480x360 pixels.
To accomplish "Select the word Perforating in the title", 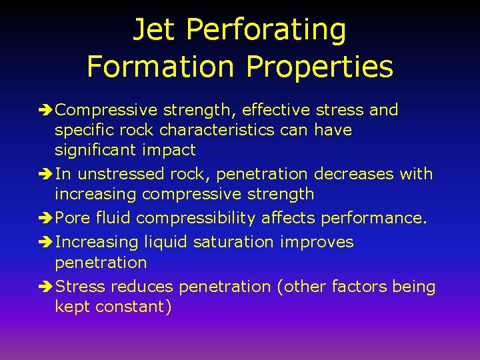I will [267, 30].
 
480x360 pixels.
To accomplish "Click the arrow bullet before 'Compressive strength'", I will [47, 110].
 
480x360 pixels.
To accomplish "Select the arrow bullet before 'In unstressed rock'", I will [47, 174].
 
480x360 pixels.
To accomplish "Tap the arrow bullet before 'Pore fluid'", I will [47, 218].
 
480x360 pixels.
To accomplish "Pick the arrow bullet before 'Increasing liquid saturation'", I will [47, 242].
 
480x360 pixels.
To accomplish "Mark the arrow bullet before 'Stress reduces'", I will [47, 287].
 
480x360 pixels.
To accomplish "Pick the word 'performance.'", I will [374, 218].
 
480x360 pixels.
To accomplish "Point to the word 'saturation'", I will [233, 242].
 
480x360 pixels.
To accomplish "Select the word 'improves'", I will [316, 242].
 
